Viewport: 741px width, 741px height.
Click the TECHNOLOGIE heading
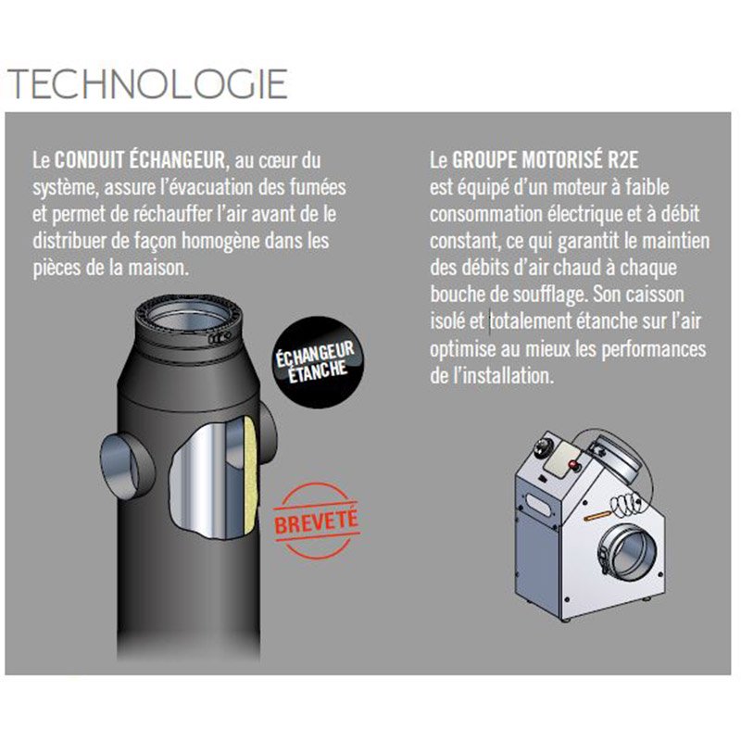point(147,83)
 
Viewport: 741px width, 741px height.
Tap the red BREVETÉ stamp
point(316,521)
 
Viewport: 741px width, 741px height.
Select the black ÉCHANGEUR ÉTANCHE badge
point(316,362)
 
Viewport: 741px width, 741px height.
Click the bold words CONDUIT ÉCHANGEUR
point(140,159)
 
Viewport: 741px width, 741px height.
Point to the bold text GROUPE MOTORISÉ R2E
point(545,159)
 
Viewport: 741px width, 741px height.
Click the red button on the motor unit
point(574,465)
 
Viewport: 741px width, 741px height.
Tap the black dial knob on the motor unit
point(544,446)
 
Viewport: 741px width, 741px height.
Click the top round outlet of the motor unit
point(614,458)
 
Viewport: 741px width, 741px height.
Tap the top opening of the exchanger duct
point(188,316)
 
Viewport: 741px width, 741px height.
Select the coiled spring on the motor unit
point(628,503)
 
